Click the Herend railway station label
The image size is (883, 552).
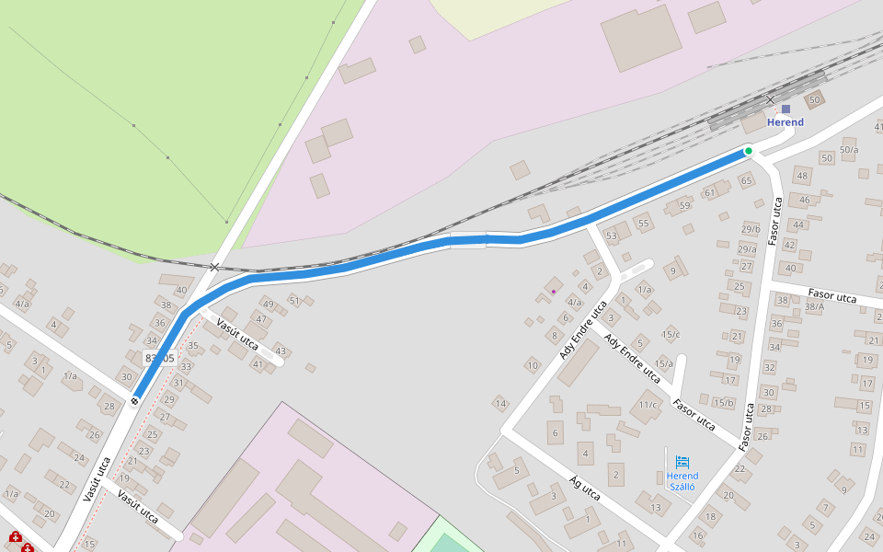click(x=786, y=122)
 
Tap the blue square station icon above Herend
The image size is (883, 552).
click(x=786, y=109)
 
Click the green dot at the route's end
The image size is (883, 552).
click(x=749, y=151)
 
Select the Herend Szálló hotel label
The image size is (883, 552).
click(x=682, y=481)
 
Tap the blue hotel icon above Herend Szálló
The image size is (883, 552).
click(x=682, y=462)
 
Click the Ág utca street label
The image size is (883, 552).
click(x=586, y=489)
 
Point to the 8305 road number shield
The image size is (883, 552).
click(x=159, y=358)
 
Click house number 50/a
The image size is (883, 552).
click(x=848, y=150)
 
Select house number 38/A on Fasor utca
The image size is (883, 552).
click(x=814, y=307)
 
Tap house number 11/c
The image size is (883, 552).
click(x=648, y=405)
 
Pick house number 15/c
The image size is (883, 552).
click(x=671, y=334)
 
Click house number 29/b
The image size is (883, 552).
click(x=751, y=229)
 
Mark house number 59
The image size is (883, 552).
click(x=684, y=204)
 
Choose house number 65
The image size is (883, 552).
click(x=746, y=180)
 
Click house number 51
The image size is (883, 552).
click(x=294, y=300)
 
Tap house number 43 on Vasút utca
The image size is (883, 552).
click(x=280, y=351)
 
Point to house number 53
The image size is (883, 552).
click(x=612, y=236)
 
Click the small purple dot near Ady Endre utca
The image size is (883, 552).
click(x=554, y=292)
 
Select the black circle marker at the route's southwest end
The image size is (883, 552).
click(x=135, y=400)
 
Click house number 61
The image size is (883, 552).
click(x=709, y=193)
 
